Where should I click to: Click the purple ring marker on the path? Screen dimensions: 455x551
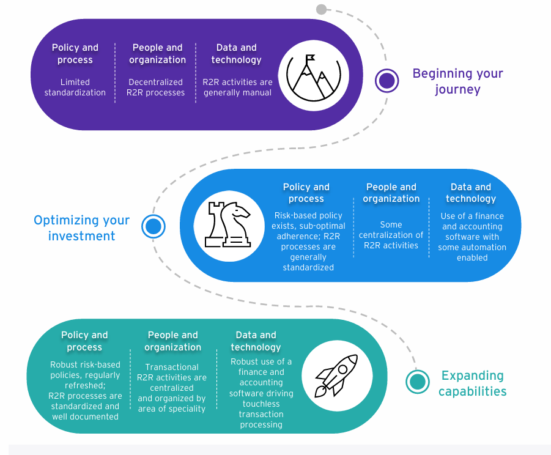coord(386,81)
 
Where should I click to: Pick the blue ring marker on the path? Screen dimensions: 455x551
coord(153,227)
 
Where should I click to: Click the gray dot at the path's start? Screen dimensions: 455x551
coord(322,9)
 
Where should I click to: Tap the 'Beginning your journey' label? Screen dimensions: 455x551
coord(457,81)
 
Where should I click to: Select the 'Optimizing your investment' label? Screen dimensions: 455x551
coord(82,227)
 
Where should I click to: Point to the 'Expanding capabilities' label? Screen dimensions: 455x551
coord(472,383)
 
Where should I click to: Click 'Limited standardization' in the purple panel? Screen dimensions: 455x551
coord(75,87)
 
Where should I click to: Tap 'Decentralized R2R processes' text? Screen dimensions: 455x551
coord(155,87)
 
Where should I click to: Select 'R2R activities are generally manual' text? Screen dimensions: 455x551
coord(237,87)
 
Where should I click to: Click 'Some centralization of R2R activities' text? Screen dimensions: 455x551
coord(391,235)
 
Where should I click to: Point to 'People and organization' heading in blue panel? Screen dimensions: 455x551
coord(391,193)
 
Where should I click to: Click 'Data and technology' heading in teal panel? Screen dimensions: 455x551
coord(256,341)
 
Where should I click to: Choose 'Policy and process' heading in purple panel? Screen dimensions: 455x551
coord(75,54)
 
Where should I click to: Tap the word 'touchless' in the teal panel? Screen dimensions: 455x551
coord(261,404)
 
